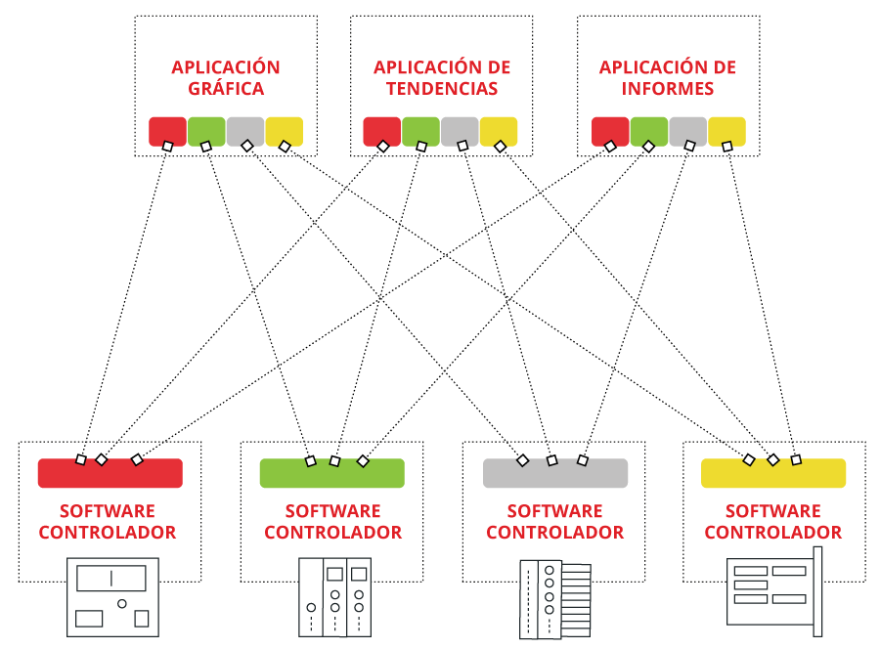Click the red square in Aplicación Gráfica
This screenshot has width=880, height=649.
(x=167, y=130)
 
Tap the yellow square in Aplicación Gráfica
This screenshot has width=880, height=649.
(x=285, y=130)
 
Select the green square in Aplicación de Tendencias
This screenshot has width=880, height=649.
(x=420, y=130)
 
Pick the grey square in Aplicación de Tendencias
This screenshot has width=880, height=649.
(x=460, y=130)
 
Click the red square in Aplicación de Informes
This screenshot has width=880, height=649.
(x=610, y=130)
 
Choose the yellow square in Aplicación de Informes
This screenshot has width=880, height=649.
(x=726, y=130)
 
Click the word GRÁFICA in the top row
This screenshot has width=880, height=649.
(x=225, y=89)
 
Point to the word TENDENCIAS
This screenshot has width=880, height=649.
(x=442, y=89)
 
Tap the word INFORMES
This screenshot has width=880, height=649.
(x=668, y=89)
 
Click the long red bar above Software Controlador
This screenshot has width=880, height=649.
(x=110, y=473)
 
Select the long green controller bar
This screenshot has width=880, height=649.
(x=331, y=473)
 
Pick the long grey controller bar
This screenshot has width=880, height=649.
(x=554, y=473)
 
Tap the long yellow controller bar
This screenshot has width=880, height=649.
(x=772, y=473)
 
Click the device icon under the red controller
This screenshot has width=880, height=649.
(x=113, y=596)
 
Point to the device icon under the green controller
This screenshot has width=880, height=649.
(x=334, y=597)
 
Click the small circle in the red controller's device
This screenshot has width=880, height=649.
(x=122, y=604)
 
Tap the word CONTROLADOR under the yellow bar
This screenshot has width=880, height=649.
(x=772, y=533)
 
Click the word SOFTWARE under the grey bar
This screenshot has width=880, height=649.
(x=554, y=511)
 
